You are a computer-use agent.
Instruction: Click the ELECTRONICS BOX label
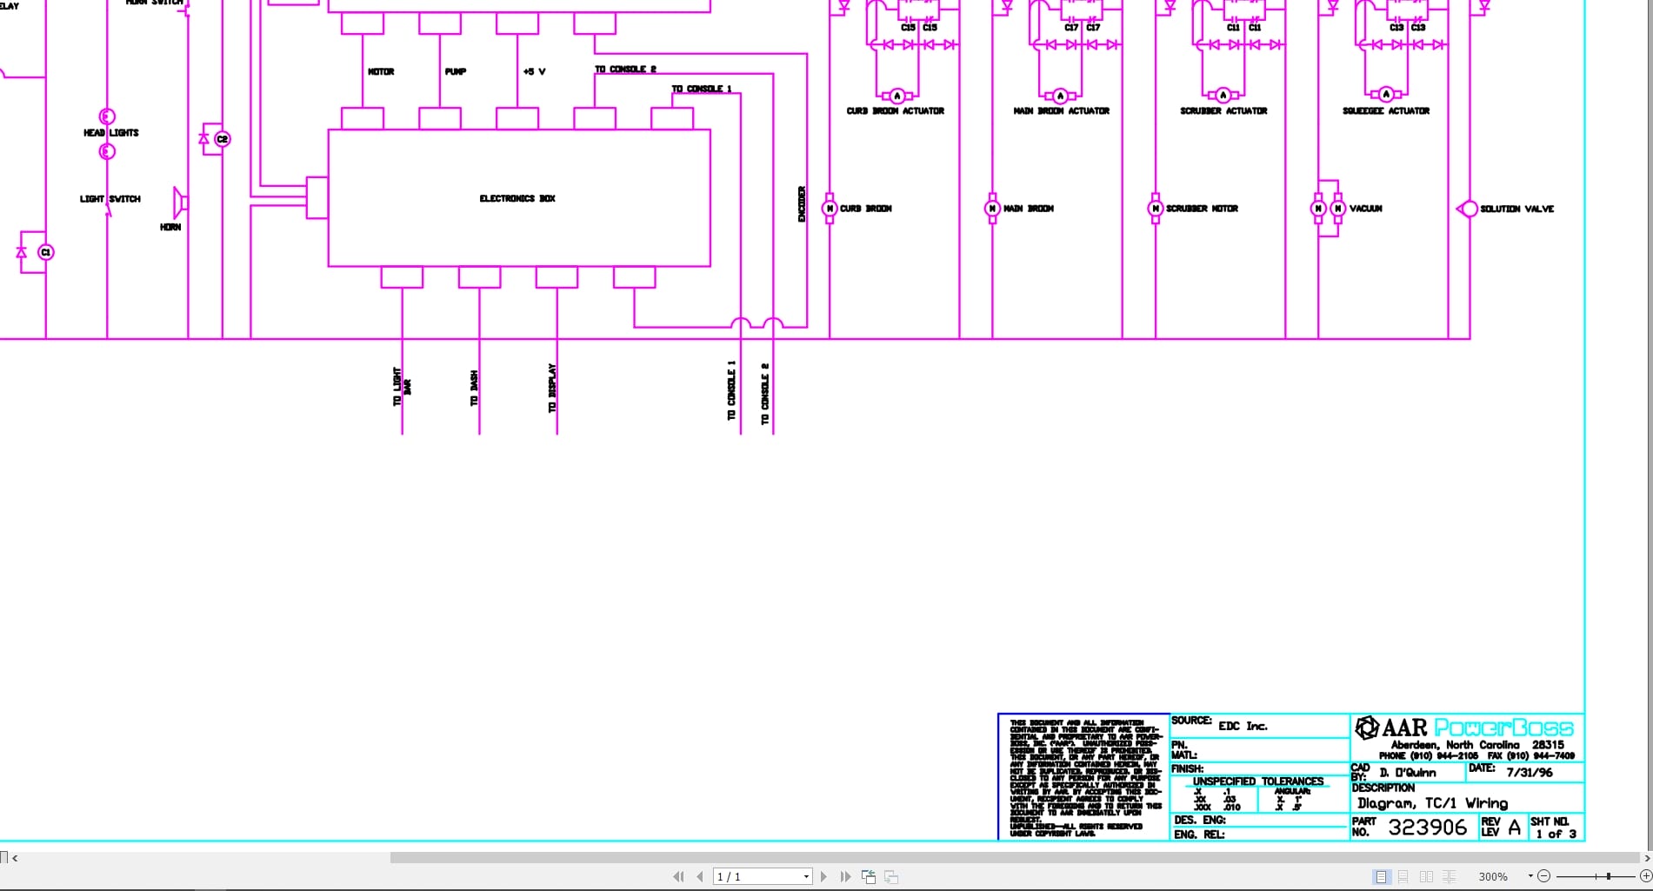(x=517, y=199)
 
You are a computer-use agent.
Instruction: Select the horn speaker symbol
(x=180, y=203)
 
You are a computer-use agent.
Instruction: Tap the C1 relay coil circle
(x=46, y=252)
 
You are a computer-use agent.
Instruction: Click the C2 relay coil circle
(x=222, y=139)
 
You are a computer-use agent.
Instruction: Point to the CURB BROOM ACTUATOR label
(x=895, y=111)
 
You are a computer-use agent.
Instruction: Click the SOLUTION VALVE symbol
(x=1468, y=209)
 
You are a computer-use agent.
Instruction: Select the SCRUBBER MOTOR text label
(x=1202, y=209)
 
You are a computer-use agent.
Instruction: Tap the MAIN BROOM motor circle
(x=992, y=209)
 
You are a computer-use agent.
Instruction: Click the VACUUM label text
(x=1365, y=209)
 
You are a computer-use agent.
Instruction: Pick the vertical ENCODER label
(x=802, y=204)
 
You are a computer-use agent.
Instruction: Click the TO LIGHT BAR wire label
(x=402, y=387)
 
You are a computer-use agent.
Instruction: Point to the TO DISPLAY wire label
(x=552, y=388)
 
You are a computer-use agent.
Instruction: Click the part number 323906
(x=1427, y=827)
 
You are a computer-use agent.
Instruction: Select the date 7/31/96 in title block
(x=1529, y=772)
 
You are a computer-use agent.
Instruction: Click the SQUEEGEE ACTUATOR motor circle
(x=1386, y=95)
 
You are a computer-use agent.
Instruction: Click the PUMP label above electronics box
(x=456, y=71)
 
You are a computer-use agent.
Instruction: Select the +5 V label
(x=534, y=71)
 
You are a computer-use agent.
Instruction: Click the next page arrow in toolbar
(x=823, y=876)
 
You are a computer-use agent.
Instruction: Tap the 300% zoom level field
(x=1493, y=876)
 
